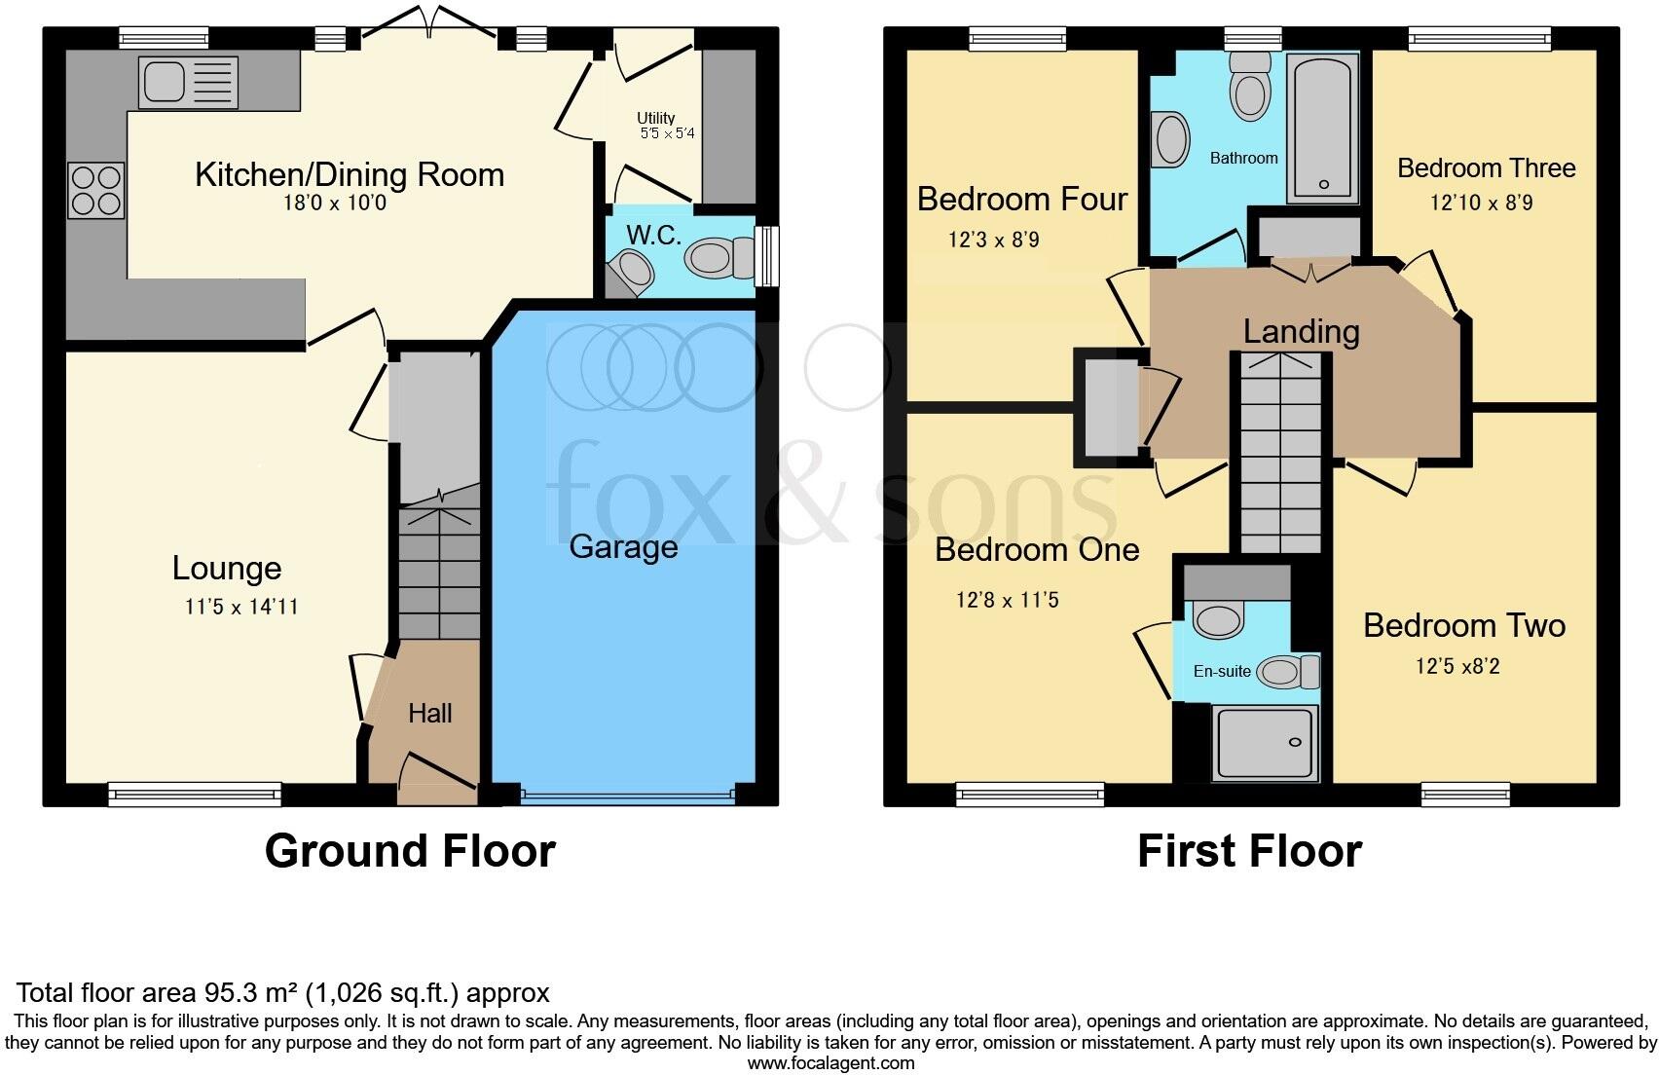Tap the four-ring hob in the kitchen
pos(96,190)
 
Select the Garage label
pos(623,546)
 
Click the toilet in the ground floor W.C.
pos(719,258)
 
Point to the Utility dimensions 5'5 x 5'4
pos(667,133)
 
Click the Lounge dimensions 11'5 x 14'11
pos(241,607)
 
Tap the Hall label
pos(430,713)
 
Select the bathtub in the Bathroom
pos(1322,129)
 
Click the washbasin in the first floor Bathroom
pos(1171,140)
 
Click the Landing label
pos(1301,331)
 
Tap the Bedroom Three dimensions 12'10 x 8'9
pos(1481,203)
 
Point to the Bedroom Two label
pos(1463,625)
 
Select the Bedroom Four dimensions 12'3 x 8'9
pos(993,239)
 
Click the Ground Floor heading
pos(410,851)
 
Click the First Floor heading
pos(1249,851)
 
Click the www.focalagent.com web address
pos(830,1063)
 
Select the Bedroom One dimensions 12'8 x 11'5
pos(1007,600)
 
